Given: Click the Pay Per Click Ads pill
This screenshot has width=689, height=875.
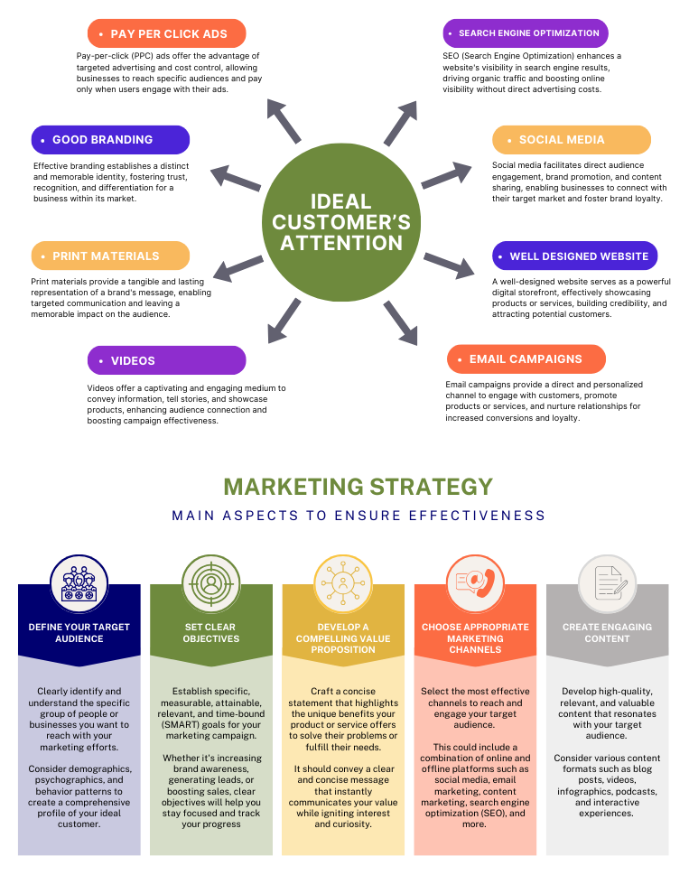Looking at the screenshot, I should [x=166, y=34].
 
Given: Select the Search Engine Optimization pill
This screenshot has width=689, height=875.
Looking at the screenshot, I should [x=526, y=33].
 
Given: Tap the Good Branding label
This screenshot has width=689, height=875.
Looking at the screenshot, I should [x=110, y=140].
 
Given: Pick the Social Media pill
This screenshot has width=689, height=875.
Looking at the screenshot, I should [x=572, y=140].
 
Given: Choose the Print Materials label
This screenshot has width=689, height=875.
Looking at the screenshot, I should [x=110, y=256].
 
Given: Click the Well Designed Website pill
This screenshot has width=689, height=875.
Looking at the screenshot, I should [x=575, y=256].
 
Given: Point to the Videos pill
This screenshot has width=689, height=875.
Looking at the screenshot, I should [x=166, y=360].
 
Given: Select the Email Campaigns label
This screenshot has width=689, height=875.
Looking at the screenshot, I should [x=526, y=358].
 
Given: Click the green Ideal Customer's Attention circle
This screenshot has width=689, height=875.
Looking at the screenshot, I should [x=341, y=221].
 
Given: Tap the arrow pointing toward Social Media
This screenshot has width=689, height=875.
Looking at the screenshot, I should [x=446, y=175].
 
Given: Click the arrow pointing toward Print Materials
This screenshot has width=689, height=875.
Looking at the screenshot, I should [x=237, y=267].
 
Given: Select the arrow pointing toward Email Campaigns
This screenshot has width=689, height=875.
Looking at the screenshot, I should [x=401, y=322].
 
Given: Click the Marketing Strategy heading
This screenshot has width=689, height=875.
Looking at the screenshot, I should [x=358, y=487].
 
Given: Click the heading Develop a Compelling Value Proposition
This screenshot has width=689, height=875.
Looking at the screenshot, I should [x=343, y=638].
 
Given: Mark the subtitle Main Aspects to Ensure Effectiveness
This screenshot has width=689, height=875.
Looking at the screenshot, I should [x=358, y=516].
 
